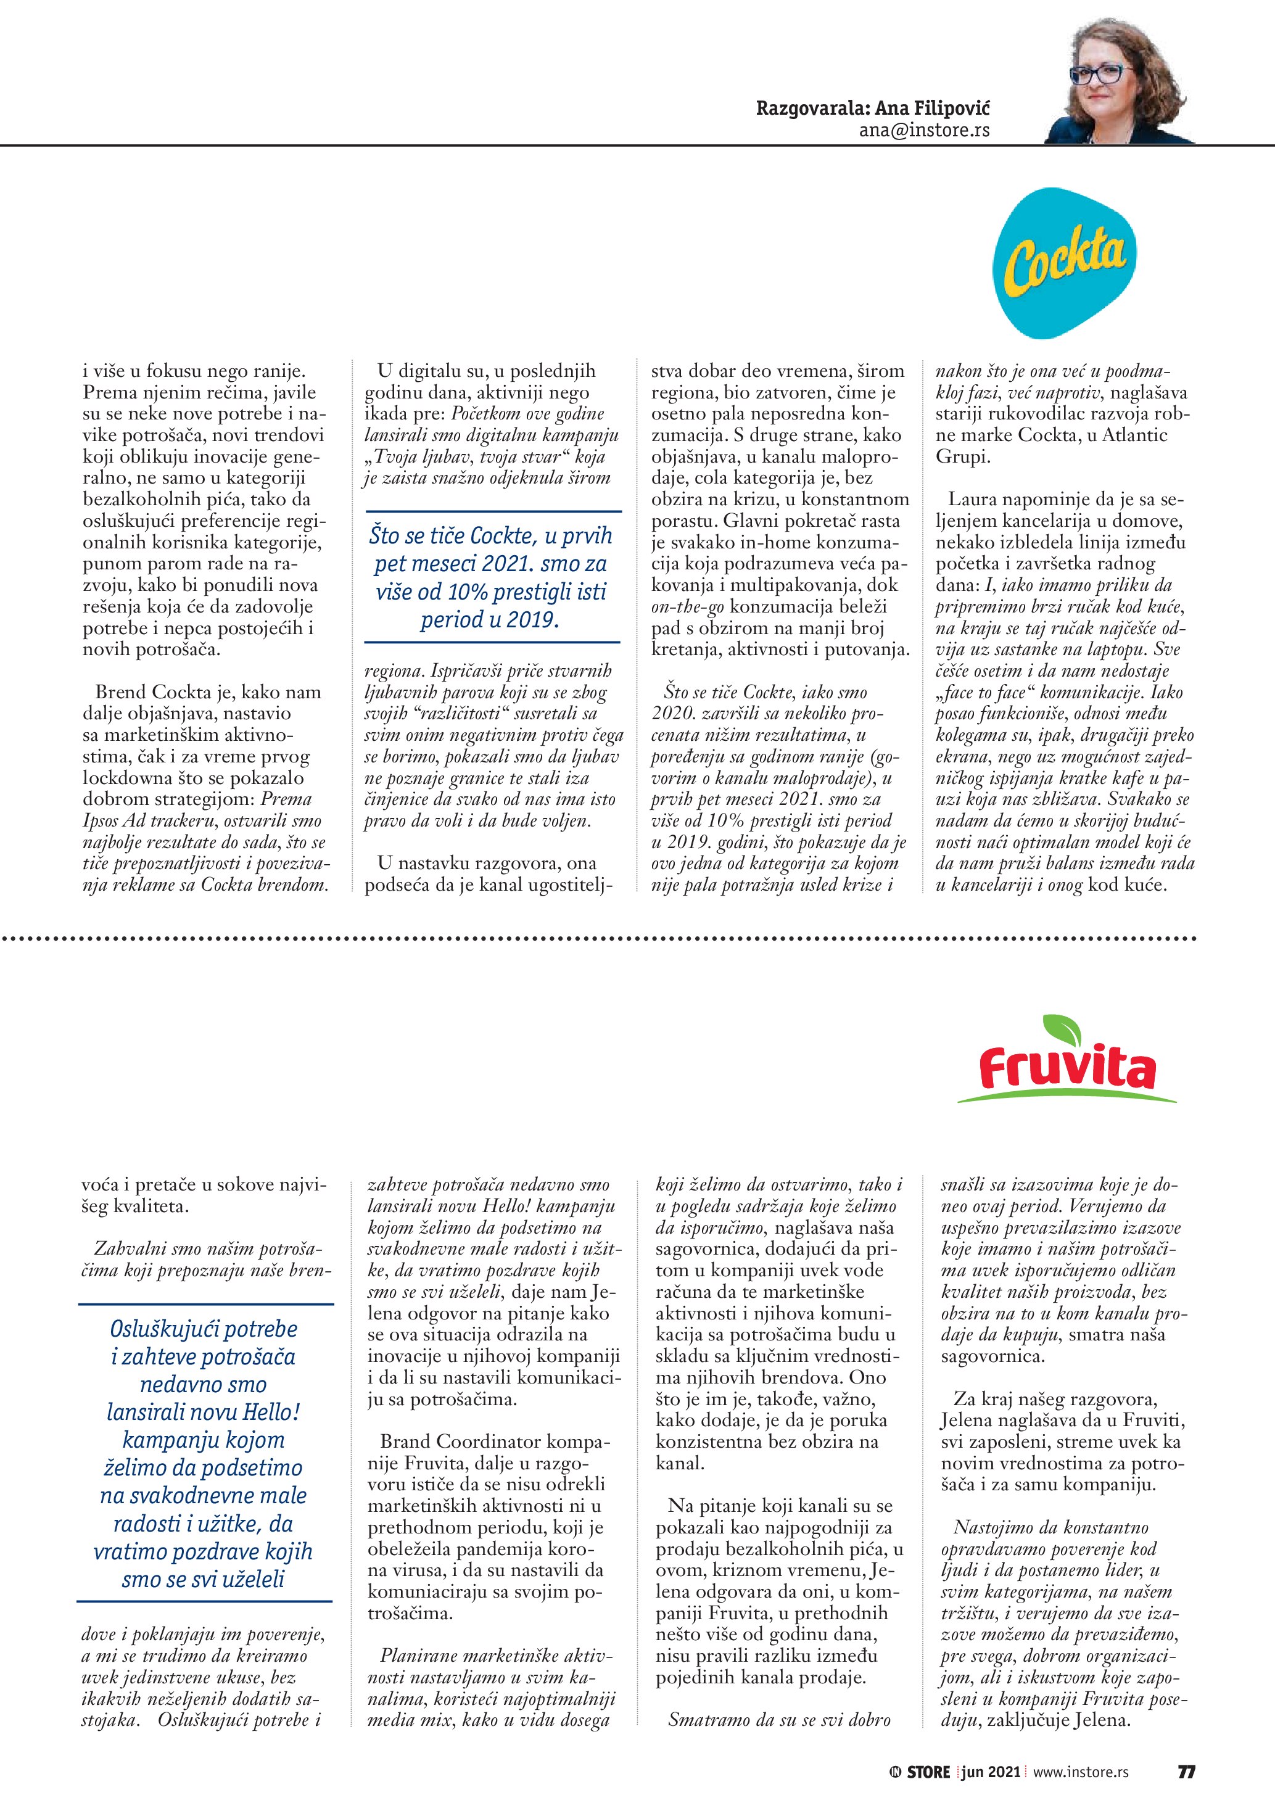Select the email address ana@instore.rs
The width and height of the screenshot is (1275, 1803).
(924, 130)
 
